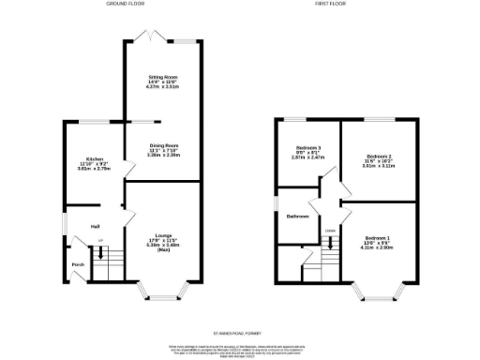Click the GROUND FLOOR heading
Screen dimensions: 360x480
[x=124, y=5]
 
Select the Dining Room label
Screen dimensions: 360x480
[x=163, y=145]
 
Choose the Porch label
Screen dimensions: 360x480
[x=77, y=265]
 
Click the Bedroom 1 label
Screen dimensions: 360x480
[x=378, y=238]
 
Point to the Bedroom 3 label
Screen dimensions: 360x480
[x=307, y=149]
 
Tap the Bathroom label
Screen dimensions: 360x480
[x=298, y=216]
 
